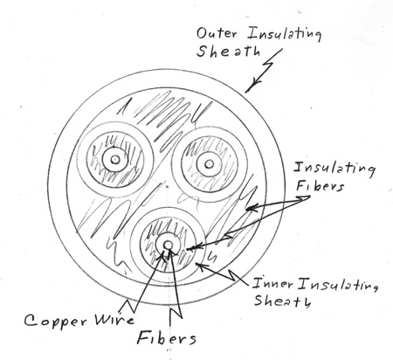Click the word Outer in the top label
[x=217, y=33]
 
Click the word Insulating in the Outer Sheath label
[x=285, y=34]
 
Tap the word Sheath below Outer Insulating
[x=228, y=52]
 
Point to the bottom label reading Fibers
[x=167, y=338]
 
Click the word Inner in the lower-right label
[x=272, y=283]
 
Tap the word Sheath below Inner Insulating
[x=282, y=301]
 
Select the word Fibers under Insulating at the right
[x=320, y=185]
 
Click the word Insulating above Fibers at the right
[x=334, y=169]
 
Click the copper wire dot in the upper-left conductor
[x=115, y=159]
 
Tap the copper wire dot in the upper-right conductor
[x=209, y=164]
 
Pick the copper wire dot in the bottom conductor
[x=168, y=246]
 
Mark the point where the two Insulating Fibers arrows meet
[x=309, y=197]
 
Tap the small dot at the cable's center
[x=167, y=185]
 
